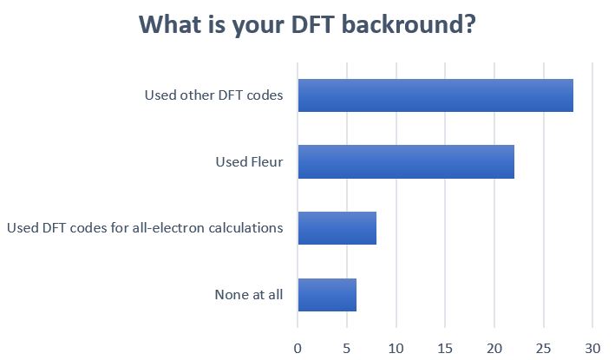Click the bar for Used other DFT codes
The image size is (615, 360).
435,95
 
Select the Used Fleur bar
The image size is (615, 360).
406,161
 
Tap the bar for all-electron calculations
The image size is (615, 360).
337,228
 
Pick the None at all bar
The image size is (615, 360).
327,295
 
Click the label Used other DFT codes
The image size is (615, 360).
213,95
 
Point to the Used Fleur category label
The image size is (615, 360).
249,161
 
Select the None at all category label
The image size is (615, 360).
249,295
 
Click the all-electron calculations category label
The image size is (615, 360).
145,228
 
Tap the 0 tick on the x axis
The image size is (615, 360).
298,348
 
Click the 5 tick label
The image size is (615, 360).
347,348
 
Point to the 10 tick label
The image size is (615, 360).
396,348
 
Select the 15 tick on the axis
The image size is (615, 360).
445,348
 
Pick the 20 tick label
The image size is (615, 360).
494,348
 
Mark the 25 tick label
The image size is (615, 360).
544,348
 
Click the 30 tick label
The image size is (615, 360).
592,348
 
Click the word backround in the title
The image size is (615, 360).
409,24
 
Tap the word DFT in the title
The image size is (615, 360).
312,24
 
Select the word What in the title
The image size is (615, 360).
172,24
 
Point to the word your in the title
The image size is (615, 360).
258,27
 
